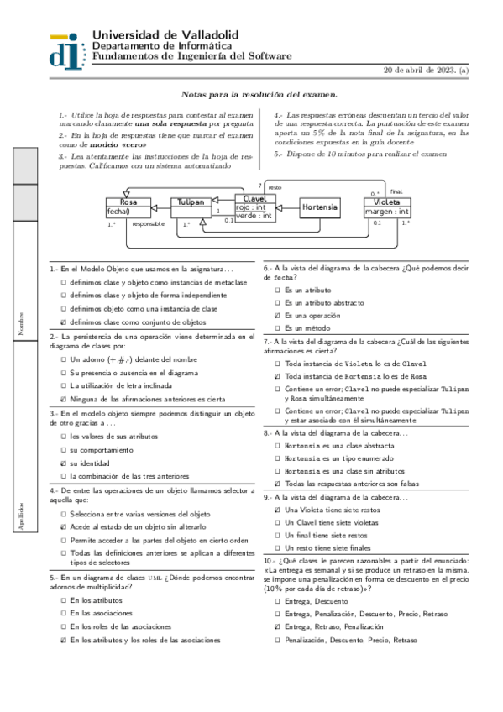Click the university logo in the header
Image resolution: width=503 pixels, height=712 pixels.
click(66, 48)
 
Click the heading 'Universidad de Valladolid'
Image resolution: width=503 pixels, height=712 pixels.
click(165, 34)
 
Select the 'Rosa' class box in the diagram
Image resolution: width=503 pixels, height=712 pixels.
click(128, 202)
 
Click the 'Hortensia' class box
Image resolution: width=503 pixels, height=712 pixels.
click(320, 207)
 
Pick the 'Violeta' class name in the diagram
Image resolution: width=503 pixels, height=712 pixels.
click(387, 202)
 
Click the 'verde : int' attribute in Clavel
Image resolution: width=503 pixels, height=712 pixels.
click(254, 216)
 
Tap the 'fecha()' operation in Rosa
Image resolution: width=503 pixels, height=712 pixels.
click(119, 212)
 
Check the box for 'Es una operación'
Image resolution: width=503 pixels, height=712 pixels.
click(277, 315)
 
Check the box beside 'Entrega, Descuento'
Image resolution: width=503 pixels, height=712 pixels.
click(277, 602)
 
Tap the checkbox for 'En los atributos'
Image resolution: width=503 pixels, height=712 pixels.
click(63, 602)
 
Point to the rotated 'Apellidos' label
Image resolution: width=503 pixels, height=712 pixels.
click(22, 515)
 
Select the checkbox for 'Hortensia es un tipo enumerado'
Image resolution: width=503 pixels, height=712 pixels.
click(277, 458)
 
